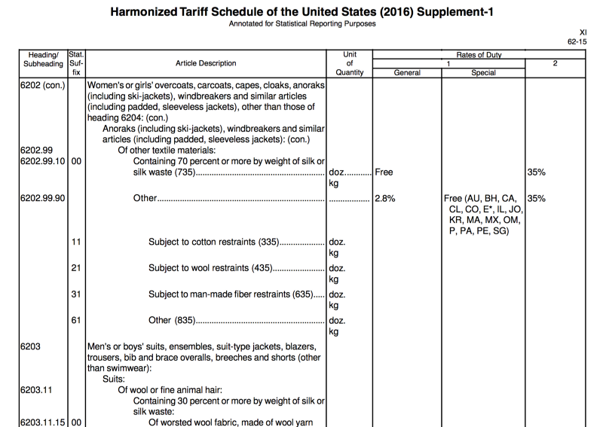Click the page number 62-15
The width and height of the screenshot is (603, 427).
pyautogui.click(x=577, y=42)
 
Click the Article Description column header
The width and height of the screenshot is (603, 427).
pyautogui.click(x=205, y=63)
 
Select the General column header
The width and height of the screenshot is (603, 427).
pyautogui.click(x=407, y=72)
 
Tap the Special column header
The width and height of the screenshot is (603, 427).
pyautogui.click(x=483, y=72)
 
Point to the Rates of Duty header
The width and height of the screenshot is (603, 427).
pyautogui.click(x=479, y=55)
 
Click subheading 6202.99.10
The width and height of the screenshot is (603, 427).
pyautogui.click(x=42, y=160)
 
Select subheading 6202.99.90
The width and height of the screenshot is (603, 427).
pyautogui.click(x=42, y=199)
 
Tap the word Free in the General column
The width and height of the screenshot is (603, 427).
pyautogui.click(x=384, y=172)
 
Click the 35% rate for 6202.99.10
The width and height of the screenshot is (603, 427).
pyautogui.click(x=536, y=172)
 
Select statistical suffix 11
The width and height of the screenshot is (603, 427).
pyautogui.click(x=76, y=242)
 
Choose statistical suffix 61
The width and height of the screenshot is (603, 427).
pyautogui.click(x=76, y=320)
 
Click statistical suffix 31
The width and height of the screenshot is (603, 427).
pyautogui.click(x=76, y=294)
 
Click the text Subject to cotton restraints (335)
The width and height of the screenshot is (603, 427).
pyautogui.click(x=213, y=242)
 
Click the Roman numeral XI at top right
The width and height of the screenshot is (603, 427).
pyautogui.click(x=582, y=32)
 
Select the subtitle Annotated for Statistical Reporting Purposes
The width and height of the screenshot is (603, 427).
pyautogui.click(x=301, y=24)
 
